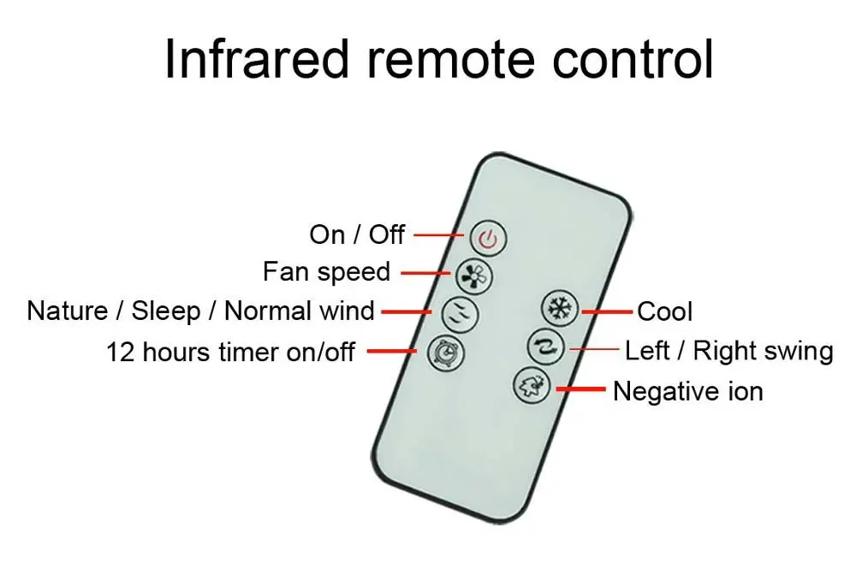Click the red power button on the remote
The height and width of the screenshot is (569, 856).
pyautogui.click(x=487, y=239)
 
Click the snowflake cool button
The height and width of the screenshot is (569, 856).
pyautogui.click(x=561, y=309)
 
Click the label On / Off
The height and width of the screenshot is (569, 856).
pyautogui.click(x=357, y=234)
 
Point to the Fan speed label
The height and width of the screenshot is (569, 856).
pyautogui.click(x=326, y=272)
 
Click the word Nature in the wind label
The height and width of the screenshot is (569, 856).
pyautogui.click(x=68, y=311)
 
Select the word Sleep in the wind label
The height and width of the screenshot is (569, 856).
pyautogui.click(x=165, y=311)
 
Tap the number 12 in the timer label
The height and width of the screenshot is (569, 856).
pyautogui.click(x=121, y=352)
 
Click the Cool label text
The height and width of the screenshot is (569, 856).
pyautogui.click(x=665, y=311)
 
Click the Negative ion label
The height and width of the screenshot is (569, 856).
pyautogui.click(x=687, y=392)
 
